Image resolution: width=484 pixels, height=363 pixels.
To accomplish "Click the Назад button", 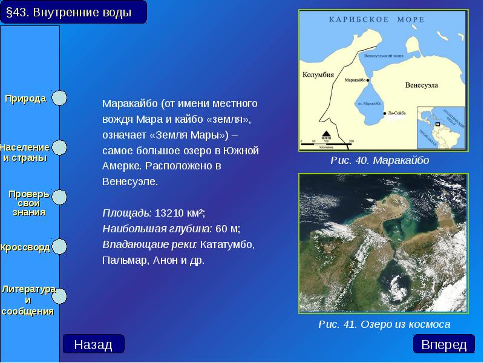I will click(93, 344).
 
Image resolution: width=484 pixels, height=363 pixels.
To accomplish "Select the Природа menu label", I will click(26, 99).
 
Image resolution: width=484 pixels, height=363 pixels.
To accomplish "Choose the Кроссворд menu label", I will click(25, 248).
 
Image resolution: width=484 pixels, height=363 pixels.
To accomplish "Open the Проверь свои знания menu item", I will click(28, 203).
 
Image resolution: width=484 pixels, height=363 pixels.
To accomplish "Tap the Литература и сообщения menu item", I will click(28, 300).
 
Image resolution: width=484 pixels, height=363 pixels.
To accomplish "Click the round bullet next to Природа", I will click(59, 98).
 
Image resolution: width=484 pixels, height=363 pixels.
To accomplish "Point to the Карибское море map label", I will click(376, 19).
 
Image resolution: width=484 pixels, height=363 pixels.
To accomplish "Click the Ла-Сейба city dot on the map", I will click(385, 113).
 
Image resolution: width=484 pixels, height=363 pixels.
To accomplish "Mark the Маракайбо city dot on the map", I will click(367, 79).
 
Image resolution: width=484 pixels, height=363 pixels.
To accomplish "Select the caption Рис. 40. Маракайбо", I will click(380, 160).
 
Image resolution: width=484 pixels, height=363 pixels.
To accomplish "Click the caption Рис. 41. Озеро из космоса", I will click(385, 324).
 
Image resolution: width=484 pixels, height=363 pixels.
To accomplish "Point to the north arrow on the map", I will click(326, 135).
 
